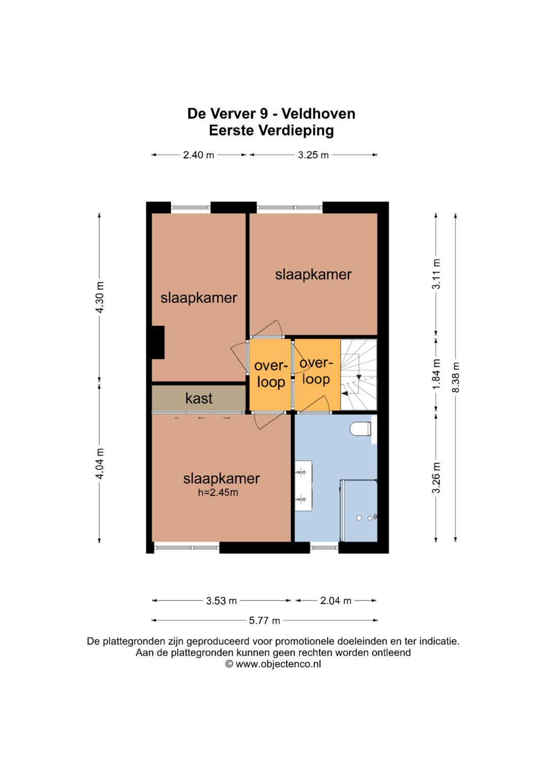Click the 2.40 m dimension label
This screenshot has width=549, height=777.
(x=198, y=155)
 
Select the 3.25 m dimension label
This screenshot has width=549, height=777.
(x=313, y=155)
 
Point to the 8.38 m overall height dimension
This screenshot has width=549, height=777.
(x=456, y=378)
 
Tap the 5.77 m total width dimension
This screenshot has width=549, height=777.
(x=264, y=621)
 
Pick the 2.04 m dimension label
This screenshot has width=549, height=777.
(x=335, y=601)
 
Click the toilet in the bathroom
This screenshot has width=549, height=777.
(x=360, y=429)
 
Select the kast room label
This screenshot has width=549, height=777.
(x=199, y=398)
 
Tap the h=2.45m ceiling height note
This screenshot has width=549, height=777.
(x=218, y=493)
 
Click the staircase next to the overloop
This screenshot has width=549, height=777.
(x=359, y=375)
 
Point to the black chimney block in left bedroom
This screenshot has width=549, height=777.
(x=158, y=342)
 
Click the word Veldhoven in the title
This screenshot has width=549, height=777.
(x=318, y=114)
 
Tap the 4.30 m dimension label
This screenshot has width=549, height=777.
(x=100, y=297)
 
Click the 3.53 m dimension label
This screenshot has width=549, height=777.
(x=221, y=601)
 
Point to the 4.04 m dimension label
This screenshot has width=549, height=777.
(x=100, y=464)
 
